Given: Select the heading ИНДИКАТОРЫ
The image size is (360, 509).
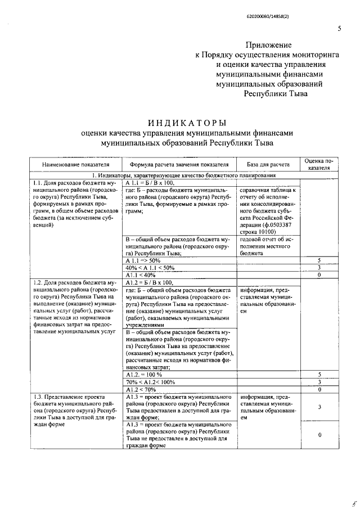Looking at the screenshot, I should coord(187,122).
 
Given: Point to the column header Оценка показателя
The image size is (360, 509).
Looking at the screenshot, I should coord(319,164).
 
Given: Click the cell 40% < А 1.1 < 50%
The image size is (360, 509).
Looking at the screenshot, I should coord(150,268).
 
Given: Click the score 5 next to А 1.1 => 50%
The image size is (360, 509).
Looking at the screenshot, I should coord(319,260).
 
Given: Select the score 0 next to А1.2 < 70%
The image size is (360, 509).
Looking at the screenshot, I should coord(319,389).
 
